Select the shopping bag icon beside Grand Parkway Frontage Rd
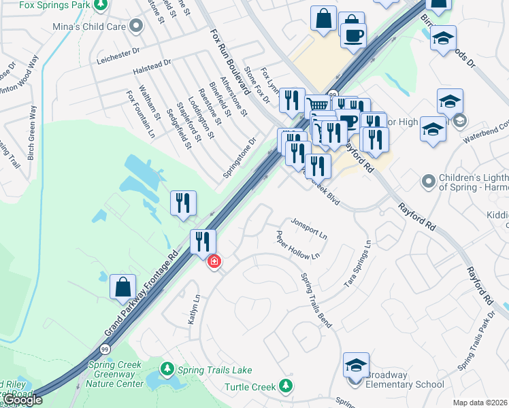122,286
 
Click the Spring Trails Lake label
214,370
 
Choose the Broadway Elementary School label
405,379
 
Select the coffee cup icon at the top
353,34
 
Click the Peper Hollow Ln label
297,245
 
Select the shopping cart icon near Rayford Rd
318,105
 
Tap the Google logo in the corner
22,400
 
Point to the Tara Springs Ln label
358,264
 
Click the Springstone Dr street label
240,160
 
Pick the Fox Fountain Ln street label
140,114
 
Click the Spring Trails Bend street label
316,301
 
